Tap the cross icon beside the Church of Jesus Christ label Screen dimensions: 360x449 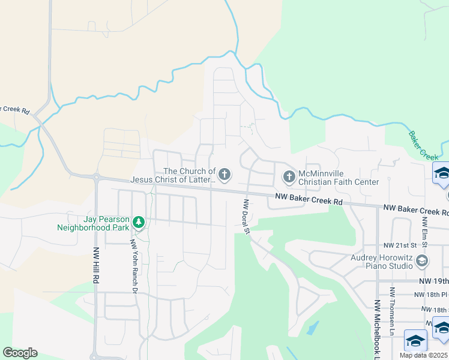(224, 175)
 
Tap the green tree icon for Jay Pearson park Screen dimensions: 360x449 (139, 223)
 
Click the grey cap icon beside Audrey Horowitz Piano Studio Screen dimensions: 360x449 (422, 260)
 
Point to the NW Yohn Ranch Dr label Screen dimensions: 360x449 (134, 266)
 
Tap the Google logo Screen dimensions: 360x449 (20, 353)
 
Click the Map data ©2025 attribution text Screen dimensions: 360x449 (424, 355)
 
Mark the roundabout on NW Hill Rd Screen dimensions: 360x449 (95, 177)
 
